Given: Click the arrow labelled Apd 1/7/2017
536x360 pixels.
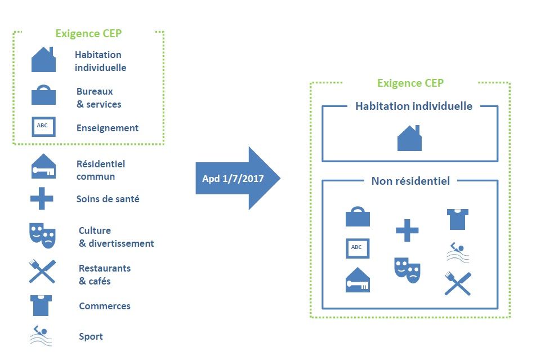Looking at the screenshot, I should click(x=237, y=179).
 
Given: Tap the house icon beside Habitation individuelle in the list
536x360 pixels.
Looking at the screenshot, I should click(x=43, y=60).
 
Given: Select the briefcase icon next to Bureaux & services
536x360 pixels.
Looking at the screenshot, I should click(x=43, y=95).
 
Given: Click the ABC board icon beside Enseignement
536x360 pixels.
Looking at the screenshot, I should click(x=43, y=126).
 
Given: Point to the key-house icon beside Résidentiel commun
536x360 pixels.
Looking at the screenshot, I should click(x=43, y=167).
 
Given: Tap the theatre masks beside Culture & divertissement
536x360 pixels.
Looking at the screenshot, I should click(x=42, y=234).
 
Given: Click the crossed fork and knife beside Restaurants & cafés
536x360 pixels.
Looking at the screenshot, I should click(x=42, y=271).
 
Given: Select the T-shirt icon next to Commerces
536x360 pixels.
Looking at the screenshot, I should click(x=41, y=305).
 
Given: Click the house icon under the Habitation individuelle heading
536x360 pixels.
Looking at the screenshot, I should click(x=409, y=139).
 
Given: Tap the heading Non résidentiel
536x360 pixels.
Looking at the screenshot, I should click(x=410, y=181).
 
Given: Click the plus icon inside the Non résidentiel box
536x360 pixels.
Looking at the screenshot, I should click(x=407, y=230).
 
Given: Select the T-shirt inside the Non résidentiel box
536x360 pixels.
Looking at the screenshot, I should click(x=457, y=219).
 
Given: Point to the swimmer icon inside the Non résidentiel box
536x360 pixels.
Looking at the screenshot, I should click(x=458, y=252).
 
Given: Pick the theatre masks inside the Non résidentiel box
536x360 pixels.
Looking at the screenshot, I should click(x=407, y=269).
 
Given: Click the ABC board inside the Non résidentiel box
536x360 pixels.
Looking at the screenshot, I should click(x=358, y=247).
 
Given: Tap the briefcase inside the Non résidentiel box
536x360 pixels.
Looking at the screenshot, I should click(x=358, y=217).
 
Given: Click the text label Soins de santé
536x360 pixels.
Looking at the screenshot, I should click(x=108, y=199).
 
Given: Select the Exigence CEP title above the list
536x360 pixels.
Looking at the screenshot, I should click(x=88, y=33).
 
